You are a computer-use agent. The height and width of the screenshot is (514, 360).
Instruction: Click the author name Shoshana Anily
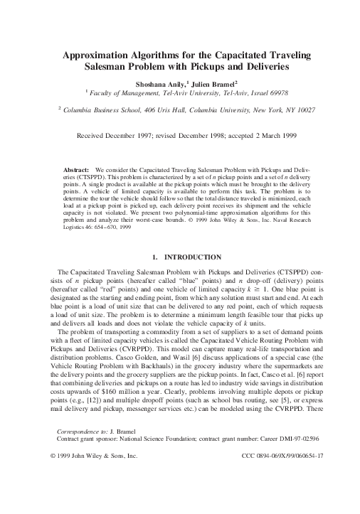tap(158, 82)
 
